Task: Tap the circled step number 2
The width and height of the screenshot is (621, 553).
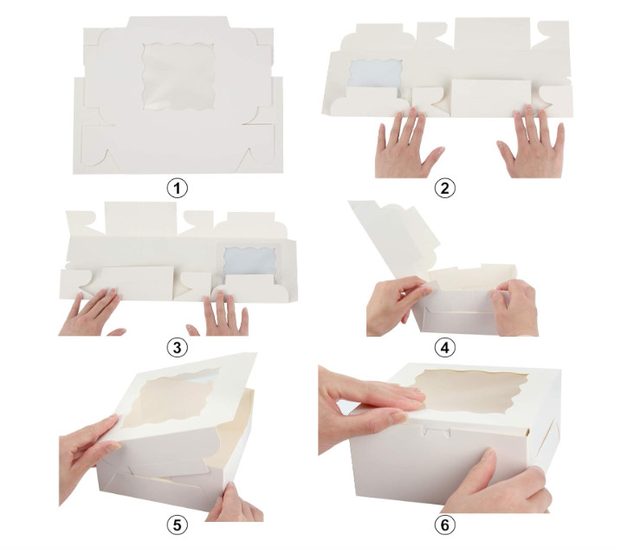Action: (447, 187)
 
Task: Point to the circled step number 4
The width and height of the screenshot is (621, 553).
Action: (447, 348)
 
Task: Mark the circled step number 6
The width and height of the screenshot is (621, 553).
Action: (447, 525)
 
